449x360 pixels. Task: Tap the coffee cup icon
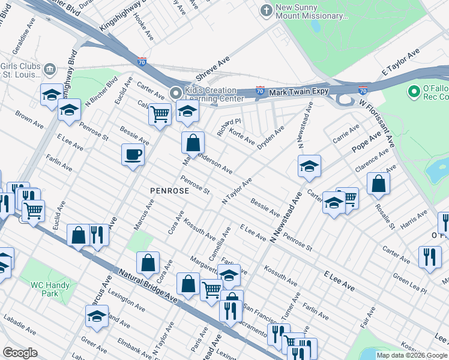point(133,155)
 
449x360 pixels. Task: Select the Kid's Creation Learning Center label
point(214,94)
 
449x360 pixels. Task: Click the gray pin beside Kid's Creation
point(175,93)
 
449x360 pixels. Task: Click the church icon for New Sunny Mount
point(266,10)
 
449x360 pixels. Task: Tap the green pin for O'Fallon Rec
point(413,92)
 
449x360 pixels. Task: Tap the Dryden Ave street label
point(271,139)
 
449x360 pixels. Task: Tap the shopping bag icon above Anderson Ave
point(193,143)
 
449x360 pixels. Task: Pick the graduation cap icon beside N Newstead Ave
point(309,166)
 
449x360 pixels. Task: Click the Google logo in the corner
point(20,353)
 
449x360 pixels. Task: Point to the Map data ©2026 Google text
point(412,355)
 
